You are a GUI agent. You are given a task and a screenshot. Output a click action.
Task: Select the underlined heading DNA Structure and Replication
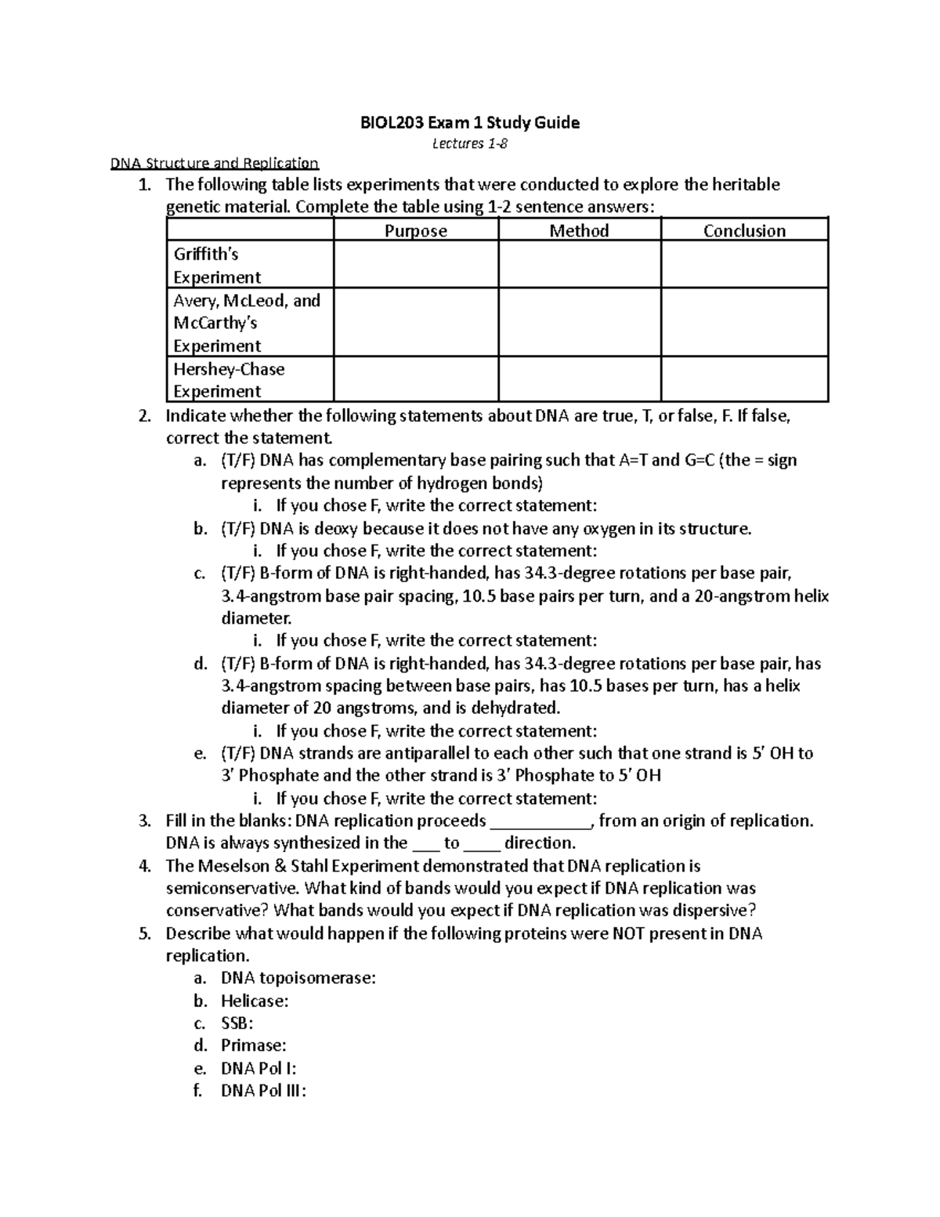(214, 164)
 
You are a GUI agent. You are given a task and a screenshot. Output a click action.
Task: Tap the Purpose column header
(415, 230)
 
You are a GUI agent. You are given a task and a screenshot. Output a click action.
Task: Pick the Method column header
(579, 230)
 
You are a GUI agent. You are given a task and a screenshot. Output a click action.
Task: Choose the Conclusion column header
(744, 230)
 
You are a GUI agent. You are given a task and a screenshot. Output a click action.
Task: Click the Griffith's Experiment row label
(217, 266)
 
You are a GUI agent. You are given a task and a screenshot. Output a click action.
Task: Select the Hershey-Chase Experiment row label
(228, 380)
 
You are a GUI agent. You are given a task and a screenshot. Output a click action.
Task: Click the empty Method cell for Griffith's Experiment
(579, 265)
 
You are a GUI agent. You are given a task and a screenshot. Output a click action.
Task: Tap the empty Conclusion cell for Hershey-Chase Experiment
(744, 380)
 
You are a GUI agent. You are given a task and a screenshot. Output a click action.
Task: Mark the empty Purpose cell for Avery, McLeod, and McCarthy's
(415, 322)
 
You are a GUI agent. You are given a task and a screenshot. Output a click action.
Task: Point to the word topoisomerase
(316, 978)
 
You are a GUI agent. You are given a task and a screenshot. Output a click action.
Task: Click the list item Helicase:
(255, 1001)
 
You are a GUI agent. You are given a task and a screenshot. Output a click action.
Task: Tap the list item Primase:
(253, 1045)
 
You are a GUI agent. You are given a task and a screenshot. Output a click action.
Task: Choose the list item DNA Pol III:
(263, 1091)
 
